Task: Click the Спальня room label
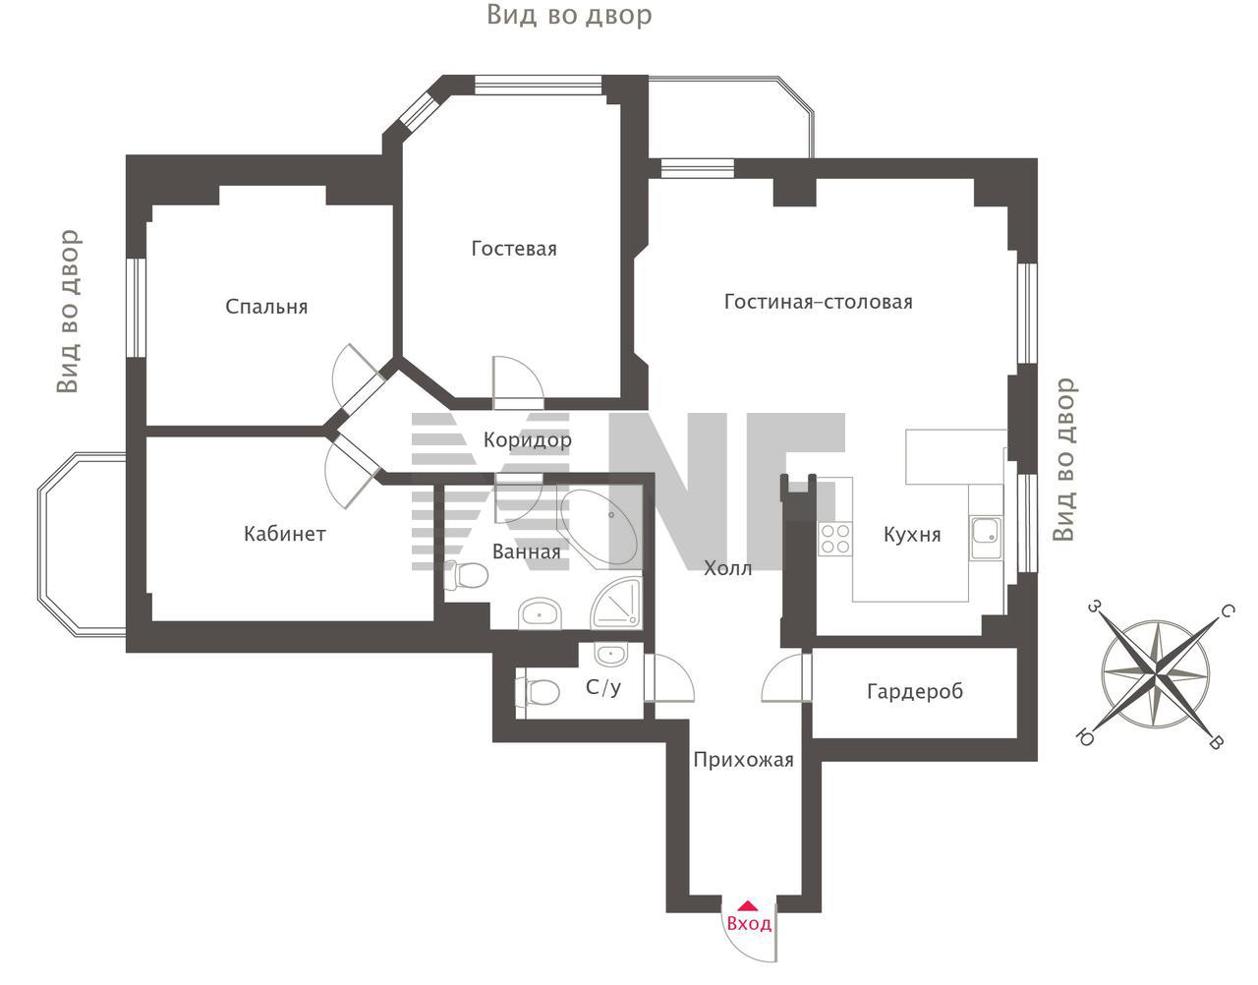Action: coord(266,307)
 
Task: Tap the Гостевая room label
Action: coord(514,249)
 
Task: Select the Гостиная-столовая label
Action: coord(819,302)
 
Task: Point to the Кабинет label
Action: coord(285,534)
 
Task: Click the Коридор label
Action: coord(528,440)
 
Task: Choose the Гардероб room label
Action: coord(915,691)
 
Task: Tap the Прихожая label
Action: coord(743,760)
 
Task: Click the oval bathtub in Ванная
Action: coord(600,528)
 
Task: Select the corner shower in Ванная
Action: coord(616,603)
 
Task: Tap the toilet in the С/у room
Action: coord(538,691)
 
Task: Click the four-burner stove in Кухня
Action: coord(834,539)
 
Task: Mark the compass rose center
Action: coord(1156,675)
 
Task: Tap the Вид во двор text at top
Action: coord(569,15)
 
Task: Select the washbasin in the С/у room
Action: coord(610,655)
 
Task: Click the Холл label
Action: coord(727,568)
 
